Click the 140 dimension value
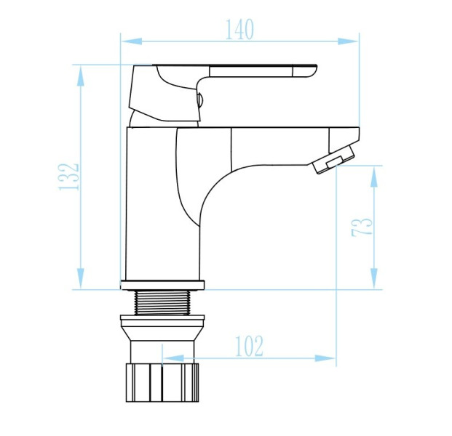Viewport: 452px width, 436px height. (x=239, y=29)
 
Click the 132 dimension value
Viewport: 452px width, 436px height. (x=68, y=177)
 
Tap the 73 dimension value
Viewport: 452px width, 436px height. (x=362, y=227)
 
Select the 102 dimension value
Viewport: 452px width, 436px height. (x=250, y=346)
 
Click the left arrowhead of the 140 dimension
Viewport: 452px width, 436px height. (x=132, y=41)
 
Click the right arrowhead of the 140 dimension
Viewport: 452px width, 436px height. (x=348, y=41)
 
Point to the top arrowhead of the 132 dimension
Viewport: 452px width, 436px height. (x=81, y=76)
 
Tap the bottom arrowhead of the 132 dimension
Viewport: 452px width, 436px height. (x=81, y=278)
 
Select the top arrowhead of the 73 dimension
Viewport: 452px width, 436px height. (x=374, y=177)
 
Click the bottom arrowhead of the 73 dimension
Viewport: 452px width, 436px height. (x=374, y=278)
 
